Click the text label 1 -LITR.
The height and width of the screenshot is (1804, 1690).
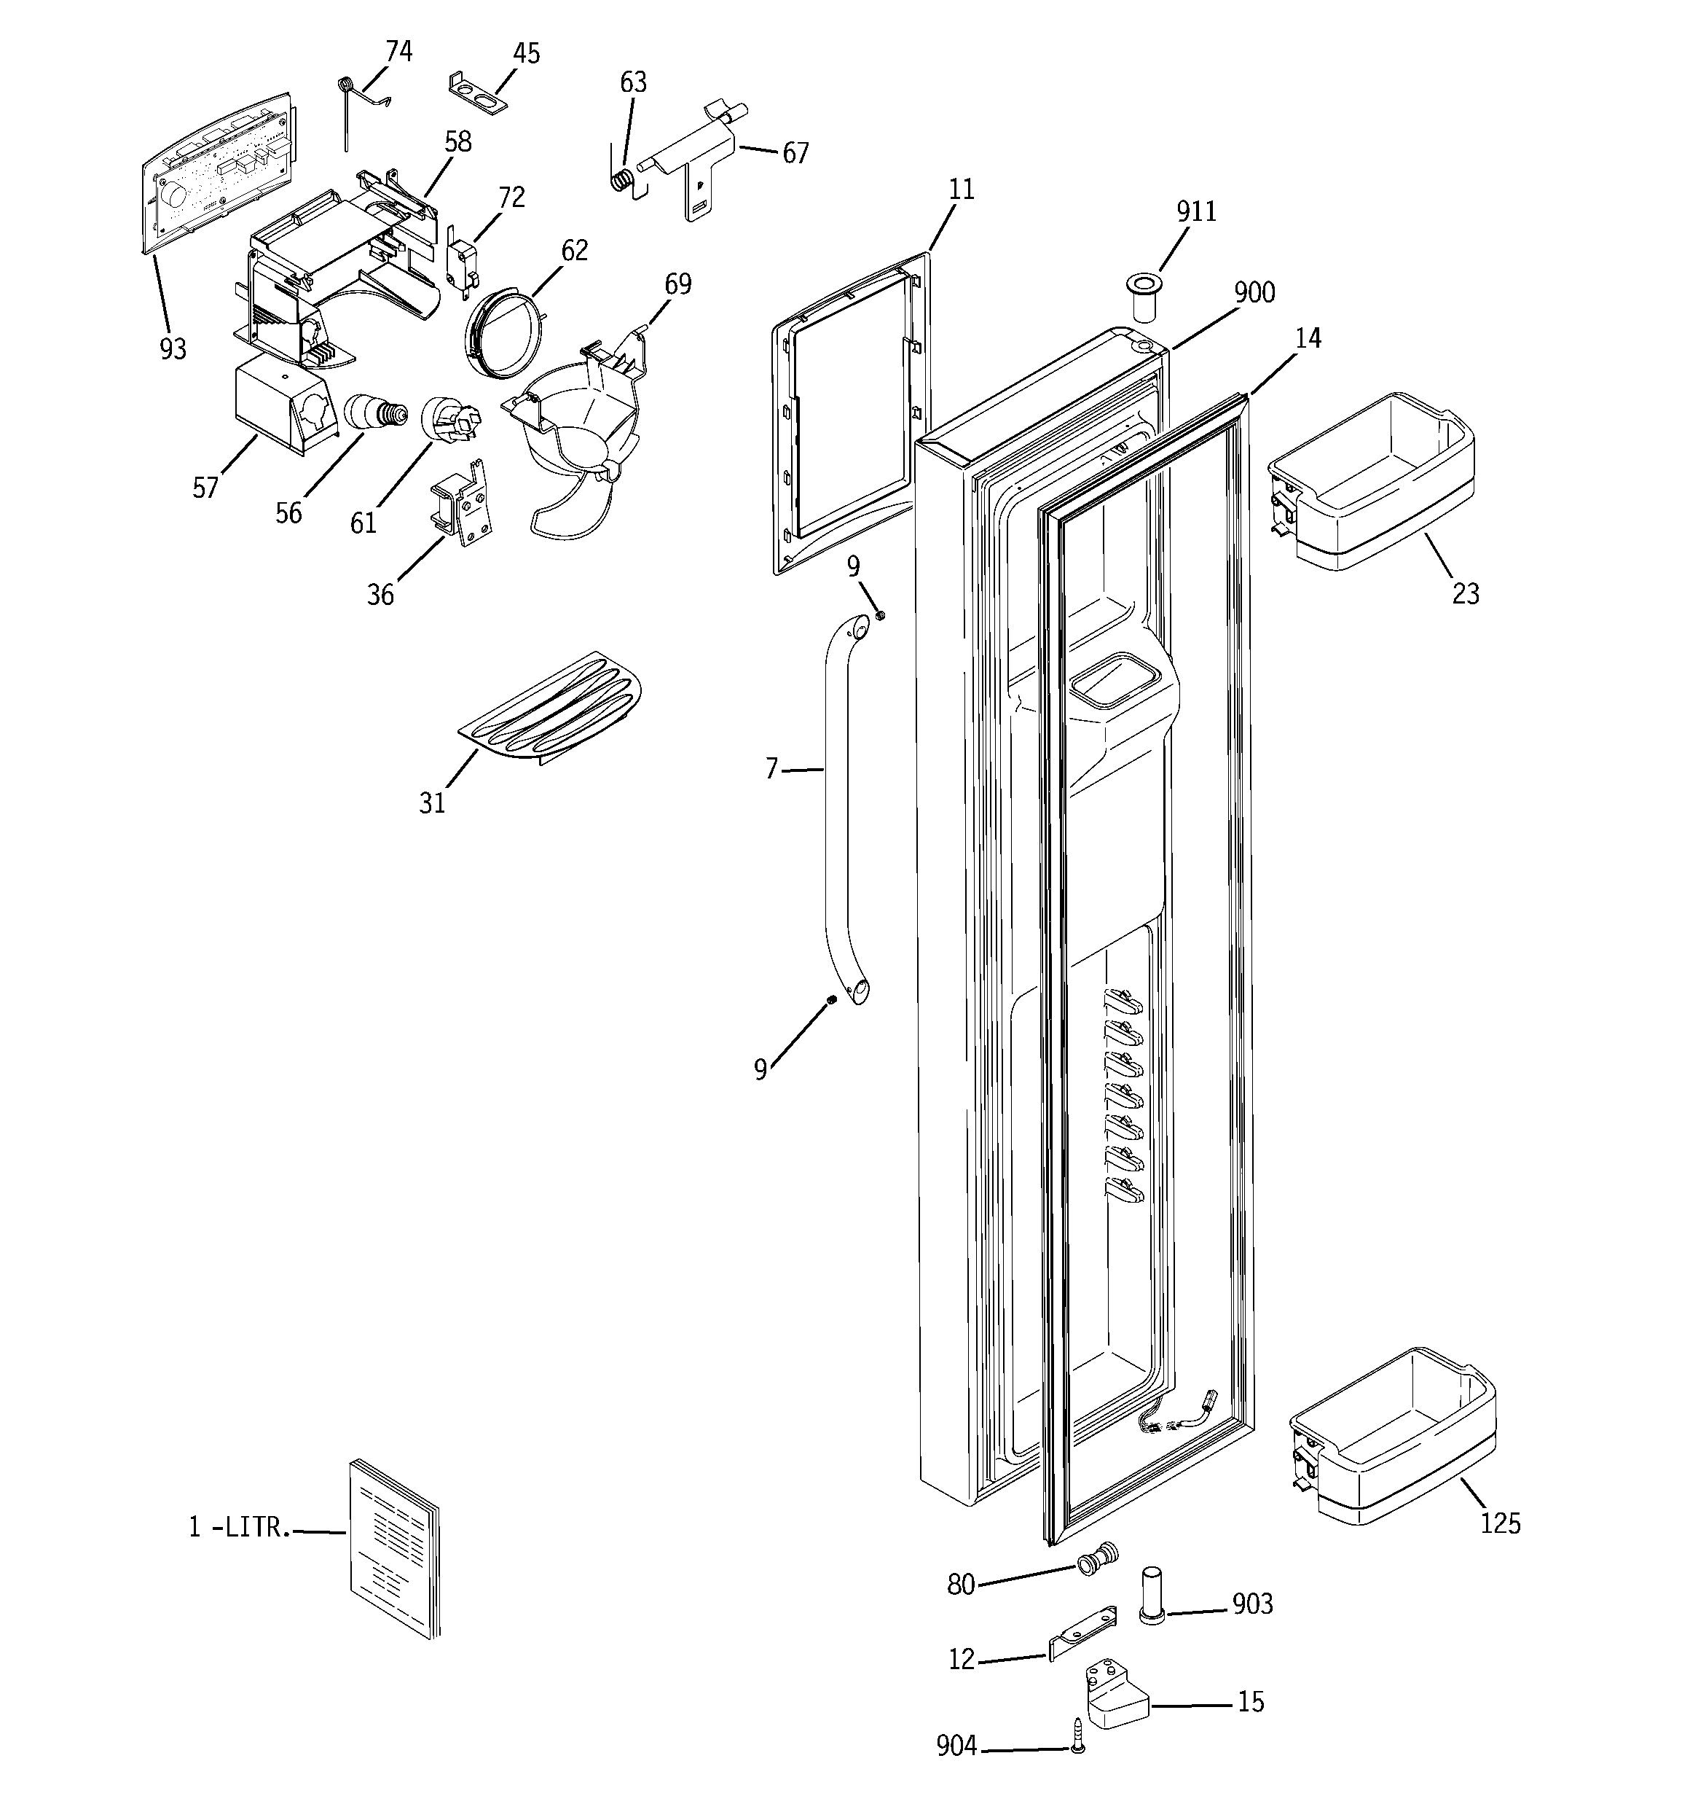click(x=240, y=1527)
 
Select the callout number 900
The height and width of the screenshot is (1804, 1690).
click(x=1254, y=292)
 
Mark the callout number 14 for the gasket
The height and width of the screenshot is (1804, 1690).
click(x=1307, y=338)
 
